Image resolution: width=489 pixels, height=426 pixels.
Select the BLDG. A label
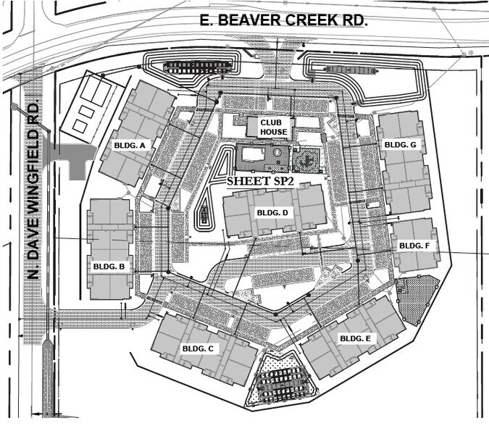coord(130,146)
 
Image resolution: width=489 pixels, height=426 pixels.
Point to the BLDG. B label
coord(109,267)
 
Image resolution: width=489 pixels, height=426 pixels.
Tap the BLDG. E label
coord(356,338)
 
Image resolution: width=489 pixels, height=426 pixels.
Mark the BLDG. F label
coord(414,246)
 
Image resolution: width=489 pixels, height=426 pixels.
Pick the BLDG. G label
coord(400,145)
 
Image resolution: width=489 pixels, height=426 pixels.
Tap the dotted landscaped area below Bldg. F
coord(418,298)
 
